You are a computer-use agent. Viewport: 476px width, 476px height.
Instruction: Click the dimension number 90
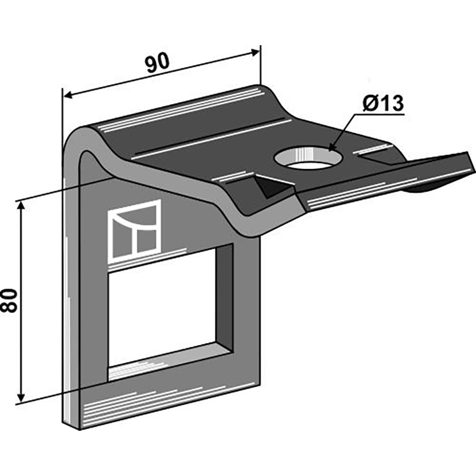point(156,63)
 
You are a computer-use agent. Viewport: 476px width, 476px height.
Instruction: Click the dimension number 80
point(9,301)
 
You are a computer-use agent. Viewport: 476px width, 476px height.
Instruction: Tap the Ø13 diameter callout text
point(383,104)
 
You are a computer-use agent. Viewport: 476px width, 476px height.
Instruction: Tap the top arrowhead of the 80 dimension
point(21,206)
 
